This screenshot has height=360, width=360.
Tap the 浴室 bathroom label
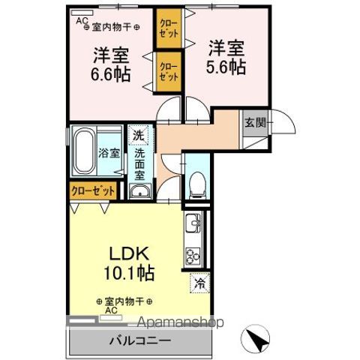[109, 153]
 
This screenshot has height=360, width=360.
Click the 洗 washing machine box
[138, 136]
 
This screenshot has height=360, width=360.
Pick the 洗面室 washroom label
[139, 165]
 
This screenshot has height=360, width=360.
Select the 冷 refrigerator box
[199, 283]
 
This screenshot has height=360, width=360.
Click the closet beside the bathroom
[94, 190]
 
